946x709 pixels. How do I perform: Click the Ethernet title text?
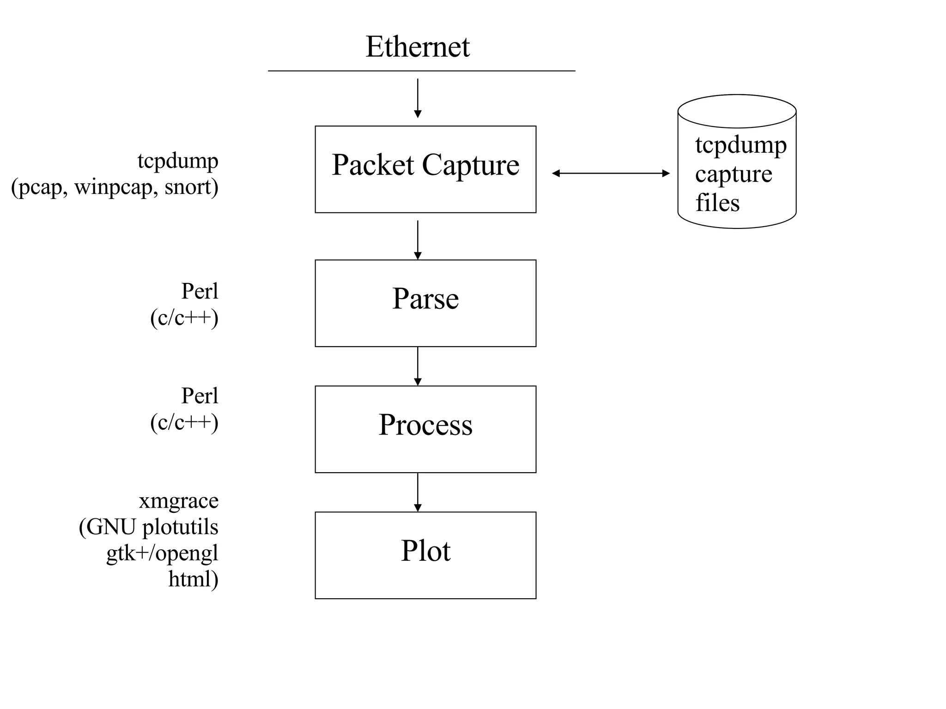417,47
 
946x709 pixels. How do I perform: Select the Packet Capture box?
425,169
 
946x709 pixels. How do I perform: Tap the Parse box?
425,303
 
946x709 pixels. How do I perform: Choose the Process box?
425,429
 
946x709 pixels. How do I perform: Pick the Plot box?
425,555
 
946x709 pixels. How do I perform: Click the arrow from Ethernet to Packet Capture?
418,98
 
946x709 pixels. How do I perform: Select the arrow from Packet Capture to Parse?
418,239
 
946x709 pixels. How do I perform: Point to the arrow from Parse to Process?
418,366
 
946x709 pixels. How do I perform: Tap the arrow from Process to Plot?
418,492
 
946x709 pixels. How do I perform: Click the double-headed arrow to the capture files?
611,173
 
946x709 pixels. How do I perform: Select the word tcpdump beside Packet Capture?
178,161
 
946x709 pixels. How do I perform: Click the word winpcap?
113,187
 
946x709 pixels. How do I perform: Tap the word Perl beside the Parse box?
200,291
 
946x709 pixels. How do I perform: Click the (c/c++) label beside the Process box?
184,422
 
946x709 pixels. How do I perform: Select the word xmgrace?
179,501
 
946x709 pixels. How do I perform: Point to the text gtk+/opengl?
162,553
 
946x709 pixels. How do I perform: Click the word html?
190,579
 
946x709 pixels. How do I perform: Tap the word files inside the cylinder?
717,203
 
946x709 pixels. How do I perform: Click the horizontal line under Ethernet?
421,71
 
